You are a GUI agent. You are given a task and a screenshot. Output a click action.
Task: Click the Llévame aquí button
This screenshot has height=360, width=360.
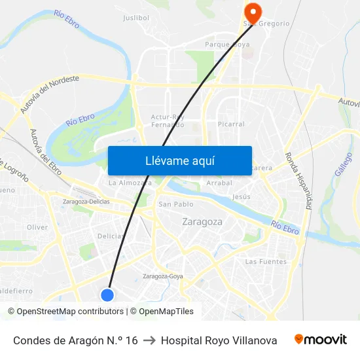click(x=179, y=160)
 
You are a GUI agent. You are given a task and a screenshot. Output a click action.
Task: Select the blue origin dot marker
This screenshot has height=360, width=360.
click(x=108, y=295)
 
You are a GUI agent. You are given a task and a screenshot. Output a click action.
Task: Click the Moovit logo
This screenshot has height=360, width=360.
click(x=321, y=340)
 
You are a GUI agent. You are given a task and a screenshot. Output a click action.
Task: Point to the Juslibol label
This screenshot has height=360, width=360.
click(x=136, y=18)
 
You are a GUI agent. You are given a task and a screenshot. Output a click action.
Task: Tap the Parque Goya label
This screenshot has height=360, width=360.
click(x=227, y=45)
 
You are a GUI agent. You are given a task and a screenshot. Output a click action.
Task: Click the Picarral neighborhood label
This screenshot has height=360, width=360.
click(x=231, y=124)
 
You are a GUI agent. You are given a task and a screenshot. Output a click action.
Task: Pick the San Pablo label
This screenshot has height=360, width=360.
click(x=171, y=204)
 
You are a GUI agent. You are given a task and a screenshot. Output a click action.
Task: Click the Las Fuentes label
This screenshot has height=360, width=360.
click(x=266, y=262)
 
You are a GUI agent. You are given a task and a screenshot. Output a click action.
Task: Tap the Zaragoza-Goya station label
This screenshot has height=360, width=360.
click(x=162, y=276)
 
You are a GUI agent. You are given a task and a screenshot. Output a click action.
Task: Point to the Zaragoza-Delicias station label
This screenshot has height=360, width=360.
click(x=85, y=202)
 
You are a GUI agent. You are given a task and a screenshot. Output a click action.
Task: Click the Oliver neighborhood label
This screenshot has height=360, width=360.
click(x=37, y=227)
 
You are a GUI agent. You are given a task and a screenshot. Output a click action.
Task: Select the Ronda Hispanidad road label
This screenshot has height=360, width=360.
click(x=300, y=181)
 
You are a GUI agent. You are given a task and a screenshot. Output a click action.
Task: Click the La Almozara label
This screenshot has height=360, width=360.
click(x=130, y=183)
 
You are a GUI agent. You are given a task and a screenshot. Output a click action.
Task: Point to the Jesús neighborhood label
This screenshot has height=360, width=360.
click(x=242, y=196)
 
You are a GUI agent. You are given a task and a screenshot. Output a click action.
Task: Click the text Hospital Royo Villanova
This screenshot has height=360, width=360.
click(x=219, y=340)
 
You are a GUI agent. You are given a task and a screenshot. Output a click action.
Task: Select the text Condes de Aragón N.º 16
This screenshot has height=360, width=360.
click(x=75, y=340)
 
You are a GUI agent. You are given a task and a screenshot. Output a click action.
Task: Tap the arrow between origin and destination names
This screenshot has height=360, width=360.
click(x=149, y=340)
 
